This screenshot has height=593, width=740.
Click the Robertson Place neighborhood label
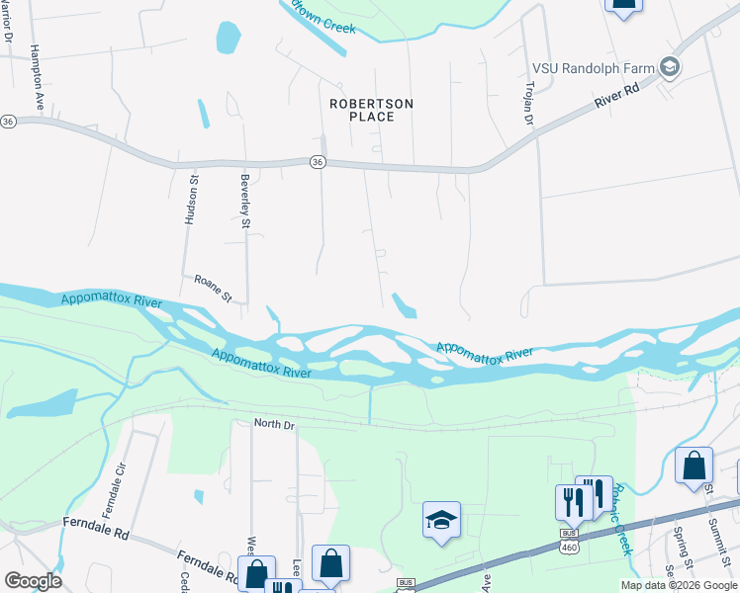point(372,110)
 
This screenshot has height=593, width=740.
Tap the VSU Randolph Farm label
point(595,67)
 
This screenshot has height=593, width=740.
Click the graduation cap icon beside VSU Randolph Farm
point(671,67)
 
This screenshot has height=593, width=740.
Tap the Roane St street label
point(212,289)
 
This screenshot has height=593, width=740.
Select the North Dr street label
point(274,423)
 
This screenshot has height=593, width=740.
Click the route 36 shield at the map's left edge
point(8,121)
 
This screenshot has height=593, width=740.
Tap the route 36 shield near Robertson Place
point(317,162)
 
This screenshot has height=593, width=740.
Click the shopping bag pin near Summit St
point(694,464)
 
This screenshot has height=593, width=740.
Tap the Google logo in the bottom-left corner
point(33,581)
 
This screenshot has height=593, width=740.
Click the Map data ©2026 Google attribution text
point(678,585)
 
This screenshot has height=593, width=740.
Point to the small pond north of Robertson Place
point(228,39)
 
